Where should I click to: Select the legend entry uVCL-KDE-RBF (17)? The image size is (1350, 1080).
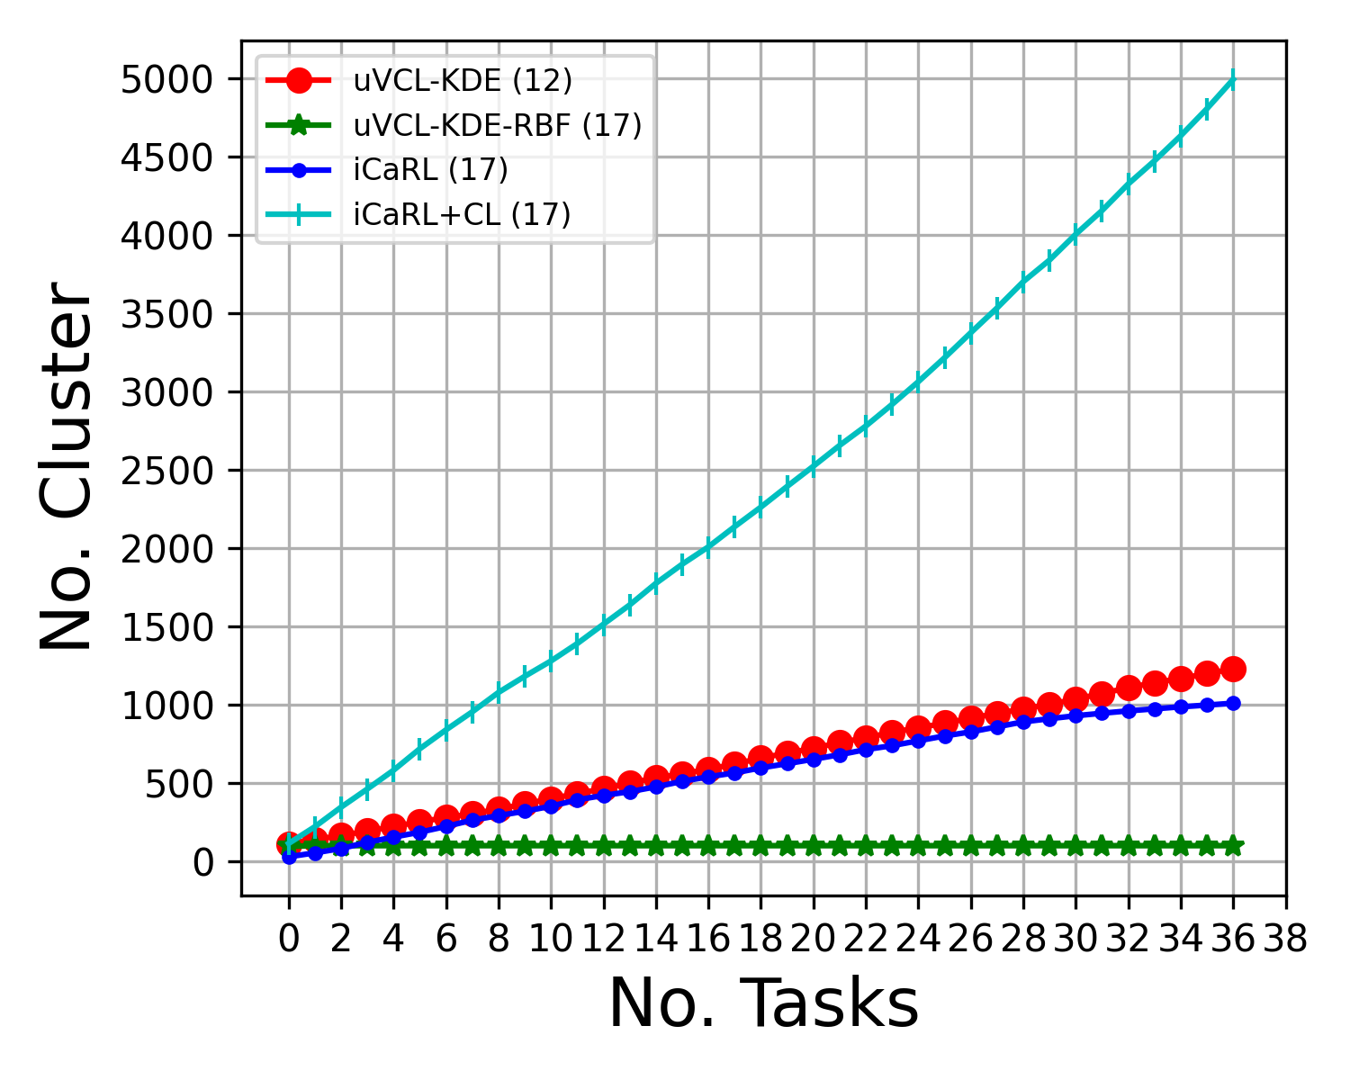tap(498, 125)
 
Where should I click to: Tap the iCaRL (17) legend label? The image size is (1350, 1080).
tap(430, 169)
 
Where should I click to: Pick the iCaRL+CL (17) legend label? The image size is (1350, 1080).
tap(462, 214)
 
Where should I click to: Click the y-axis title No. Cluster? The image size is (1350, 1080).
tap(67, 466)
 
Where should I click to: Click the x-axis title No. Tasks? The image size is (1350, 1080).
tap(763, 1003)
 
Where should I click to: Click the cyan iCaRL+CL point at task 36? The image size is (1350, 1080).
tap(1233, 80)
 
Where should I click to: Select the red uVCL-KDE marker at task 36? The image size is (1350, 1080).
tap(1233, 669)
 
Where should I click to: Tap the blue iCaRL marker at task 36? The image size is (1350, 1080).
tap(1233, 703)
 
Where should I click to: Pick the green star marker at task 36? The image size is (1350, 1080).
tap(1233, 846)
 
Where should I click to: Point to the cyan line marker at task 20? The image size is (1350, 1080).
tap(813, 466)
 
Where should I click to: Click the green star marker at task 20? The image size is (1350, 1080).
tap(813, 846)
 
